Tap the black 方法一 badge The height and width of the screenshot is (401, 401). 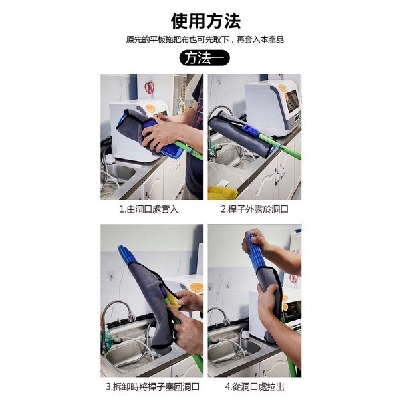tap(205, 58)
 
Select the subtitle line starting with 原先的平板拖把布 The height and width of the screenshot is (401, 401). tap(205, 39)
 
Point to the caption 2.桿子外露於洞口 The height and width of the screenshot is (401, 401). tap(255, 209)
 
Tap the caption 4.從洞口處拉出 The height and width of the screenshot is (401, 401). tap(255, 386)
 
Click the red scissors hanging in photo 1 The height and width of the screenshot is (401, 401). tap(149, 87)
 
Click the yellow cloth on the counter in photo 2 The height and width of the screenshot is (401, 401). tap(223, 193)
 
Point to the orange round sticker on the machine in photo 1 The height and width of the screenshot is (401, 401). tap(155, 107)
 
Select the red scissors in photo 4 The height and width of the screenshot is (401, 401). tap(293, 278)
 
